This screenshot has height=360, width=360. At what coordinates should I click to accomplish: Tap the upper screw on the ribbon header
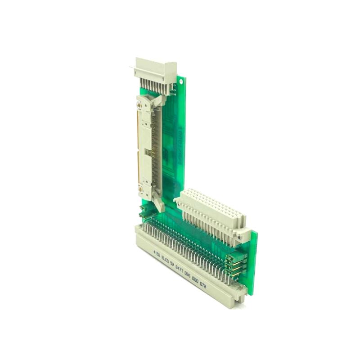coord(139,106)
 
